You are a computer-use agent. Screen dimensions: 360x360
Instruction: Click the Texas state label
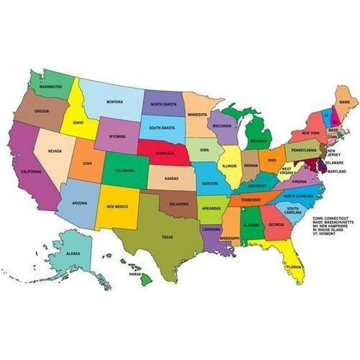pyautogui.click(x=166, y=237)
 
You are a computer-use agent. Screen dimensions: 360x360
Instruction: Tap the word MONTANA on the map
pyautogui.click(x=115, y=102)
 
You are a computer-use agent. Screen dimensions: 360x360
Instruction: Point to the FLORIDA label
pyautogui.click(x=294, y=266)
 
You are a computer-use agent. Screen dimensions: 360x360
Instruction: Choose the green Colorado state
pyautogui.click(x=125, y=170)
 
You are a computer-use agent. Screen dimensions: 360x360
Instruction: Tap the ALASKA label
pyautogui.click(x=73, y=253)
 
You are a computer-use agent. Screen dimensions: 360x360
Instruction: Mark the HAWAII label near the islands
pyautogui.click(x=136, y=274)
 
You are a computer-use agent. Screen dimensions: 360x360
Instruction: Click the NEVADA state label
pyautogui.click(x=54, y=151)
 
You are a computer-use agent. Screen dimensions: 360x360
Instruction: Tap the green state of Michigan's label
pyautogui.click(x=258, y=141)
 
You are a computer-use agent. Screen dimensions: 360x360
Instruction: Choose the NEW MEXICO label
pyautogui.click(x=118, y=207)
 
